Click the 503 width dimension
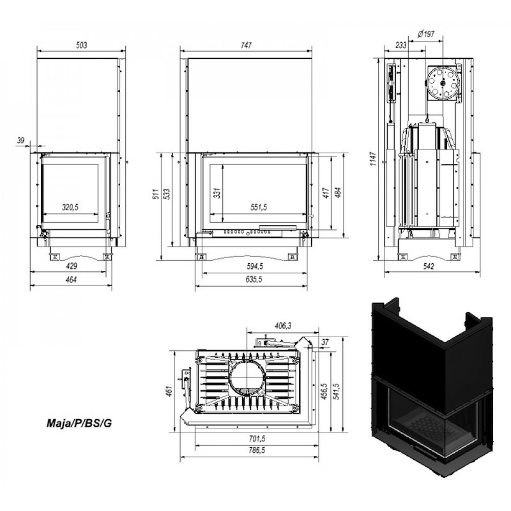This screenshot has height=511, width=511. pos(81,45)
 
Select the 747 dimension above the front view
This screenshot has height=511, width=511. pos(246,45)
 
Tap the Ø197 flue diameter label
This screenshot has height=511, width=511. pos(426,34)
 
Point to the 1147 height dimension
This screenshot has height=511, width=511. pos(374,158)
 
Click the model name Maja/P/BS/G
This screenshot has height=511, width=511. pos(79,423)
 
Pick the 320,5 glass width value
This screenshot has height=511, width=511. pos(71,207)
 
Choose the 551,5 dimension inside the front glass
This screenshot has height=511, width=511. pos(259,207)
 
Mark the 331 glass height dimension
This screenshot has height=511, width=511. pos(218,193)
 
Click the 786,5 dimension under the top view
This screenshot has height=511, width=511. pos(257,450)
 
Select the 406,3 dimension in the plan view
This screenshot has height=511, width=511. pos(283,326)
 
